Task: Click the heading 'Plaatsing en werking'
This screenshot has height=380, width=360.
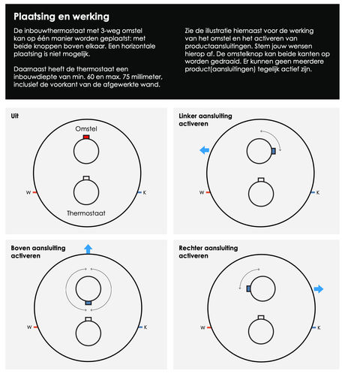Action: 61,17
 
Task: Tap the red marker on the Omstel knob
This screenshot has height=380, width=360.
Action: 86,137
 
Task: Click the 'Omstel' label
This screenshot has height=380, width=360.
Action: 86,128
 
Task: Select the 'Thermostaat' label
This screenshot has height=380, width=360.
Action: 86,213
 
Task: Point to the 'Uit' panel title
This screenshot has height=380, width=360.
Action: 15,116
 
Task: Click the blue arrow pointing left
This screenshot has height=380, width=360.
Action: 205,150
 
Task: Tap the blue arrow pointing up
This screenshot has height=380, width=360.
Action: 88,249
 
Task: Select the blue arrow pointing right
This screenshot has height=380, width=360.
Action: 319,289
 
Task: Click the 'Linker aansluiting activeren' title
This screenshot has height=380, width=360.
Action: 205,119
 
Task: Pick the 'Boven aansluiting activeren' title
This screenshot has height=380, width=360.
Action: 38,252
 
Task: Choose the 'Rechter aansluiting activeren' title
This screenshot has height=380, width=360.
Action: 208,252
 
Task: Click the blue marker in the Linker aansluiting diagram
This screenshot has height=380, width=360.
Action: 274,151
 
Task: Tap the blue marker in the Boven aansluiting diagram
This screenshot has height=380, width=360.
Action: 88,303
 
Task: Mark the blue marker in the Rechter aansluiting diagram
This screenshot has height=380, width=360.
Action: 248,288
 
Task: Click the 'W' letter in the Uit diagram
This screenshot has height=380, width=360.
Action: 28,192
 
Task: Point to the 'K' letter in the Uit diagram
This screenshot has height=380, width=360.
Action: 145,192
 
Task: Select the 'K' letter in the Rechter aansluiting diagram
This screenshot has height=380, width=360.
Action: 319,327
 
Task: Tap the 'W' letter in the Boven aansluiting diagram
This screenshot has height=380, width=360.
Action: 29,327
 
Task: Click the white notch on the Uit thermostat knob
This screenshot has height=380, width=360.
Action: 86,178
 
